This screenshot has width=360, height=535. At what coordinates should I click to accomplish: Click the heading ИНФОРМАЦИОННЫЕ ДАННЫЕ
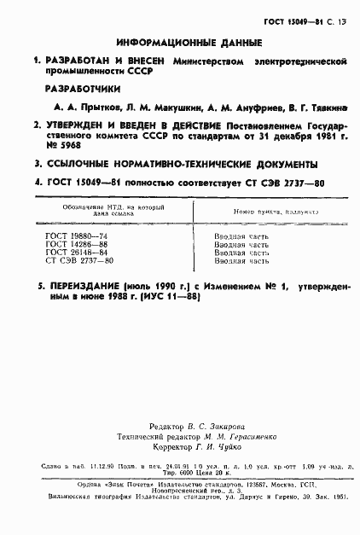pos(180,43)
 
